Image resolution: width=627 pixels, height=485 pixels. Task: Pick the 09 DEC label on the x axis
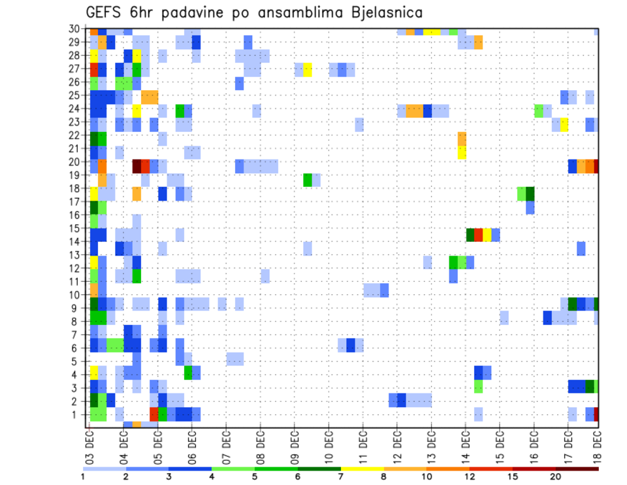[295, 445]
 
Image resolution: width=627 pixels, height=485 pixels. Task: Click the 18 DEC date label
[598, 445]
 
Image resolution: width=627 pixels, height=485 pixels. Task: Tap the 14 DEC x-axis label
[466, 445]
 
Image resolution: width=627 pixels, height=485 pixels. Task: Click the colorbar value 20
[555, 477]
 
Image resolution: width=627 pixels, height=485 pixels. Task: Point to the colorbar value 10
[426, 477]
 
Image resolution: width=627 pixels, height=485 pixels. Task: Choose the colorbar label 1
[84, 477]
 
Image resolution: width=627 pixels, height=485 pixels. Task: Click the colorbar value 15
[512, 477]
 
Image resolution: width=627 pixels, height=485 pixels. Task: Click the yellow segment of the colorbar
[362, 468]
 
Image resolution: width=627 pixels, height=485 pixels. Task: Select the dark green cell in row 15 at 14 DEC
[470, 235]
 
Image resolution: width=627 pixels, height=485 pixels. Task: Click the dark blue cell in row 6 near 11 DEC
[351, 344]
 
